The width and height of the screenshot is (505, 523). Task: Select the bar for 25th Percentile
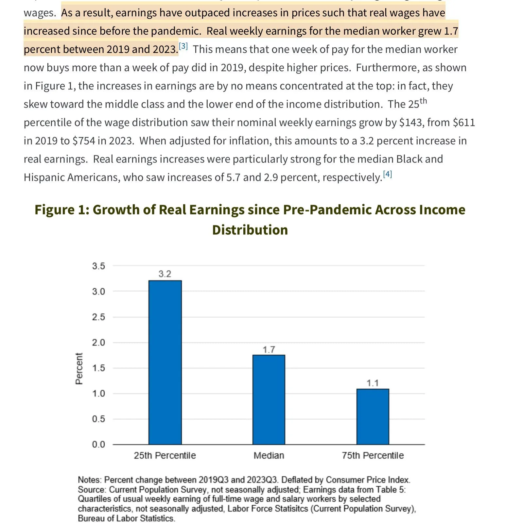pyautogui.click(x=165, y=362)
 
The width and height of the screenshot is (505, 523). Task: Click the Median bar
pyautogui.click(x=269, y=399)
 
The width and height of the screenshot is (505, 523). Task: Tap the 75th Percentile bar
pyautogui.click(x=373, y=416)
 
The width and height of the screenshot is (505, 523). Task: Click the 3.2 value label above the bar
pyautogui.click(x=165, y=274)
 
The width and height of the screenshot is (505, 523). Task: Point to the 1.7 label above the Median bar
pyautogui.click(x=269, y=349)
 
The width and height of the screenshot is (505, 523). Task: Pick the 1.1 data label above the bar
pyautogui.click(x=373, y=383)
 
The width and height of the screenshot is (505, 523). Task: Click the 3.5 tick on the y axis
pyautogui.click(x=98, y=266)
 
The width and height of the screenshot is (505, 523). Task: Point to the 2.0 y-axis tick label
pyautogui.click(x=98, y=343)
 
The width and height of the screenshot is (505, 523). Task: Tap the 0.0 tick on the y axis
pyautogui.click(x=98, y=444)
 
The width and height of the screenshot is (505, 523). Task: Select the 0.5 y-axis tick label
pyautogui.click(x=98, y=419)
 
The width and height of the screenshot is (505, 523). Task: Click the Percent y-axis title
pyautogui.click(x=79, y=368)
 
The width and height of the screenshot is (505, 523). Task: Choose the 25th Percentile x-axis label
pyautogui.click(x=165, y=455)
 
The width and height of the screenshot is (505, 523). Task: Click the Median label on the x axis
pyautogui.click(x=269, y=455)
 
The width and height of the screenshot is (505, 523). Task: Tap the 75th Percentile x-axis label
pyautogui.click(x=373, y=455)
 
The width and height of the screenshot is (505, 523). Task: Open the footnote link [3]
pyautogui.click(x=183, y=46)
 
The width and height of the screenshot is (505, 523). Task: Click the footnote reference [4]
pyautogui.click(x=387, y=174)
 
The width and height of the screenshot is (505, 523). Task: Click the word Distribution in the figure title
pyautogui.click(x=250, y=230)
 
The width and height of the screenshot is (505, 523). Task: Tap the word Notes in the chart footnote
pyautogui.click(x=89, y=480)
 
